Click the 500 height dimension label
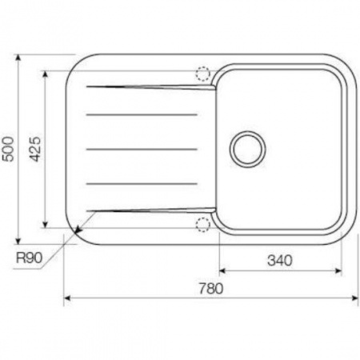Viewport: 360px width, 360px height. click(x=8, y=149)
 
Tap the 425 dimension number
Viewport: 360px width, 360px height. click(x=35, y=149)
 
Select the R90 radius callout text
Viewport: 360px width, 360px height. click(x=29, y=258)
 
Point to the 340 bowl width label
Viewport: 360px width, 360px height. click(x=280, y=260)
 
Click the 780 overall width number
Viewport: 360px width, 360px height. click(x=211, y=289)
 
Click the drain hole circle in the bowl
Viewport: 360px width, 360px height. click(x=248, y=150)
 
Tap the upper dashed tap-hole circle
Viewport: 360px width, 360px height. click(x=203, y=74)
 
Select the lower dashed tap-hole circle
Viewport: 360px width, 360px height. click(x=203, y=225)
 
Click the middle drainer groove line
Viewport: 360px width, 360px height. click(x=142, y=150)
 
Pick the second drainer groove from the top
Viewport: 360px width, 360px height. click(x=142, y=114)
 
